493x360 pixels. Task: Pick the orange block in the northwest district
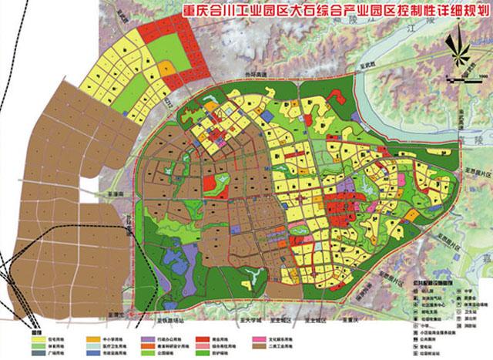click(x=165, y=72)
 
